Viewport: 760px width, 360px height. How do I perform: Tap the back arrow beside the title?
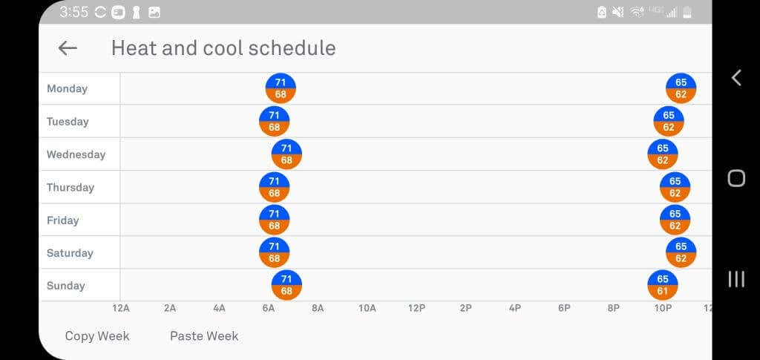(x=68, y=48)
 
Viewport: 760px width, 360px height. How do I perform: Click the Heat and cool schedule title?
(x=223, y=48)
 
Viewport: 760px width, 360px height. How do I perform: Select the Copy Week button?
(x=97, y=336)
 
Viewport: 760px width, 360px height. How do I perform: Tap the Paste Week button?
(x=204, y=336)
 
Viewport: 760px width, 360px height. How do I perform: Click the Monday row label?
(x=67, y=88)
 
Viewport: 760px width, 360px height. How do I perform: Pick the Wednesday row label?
(x=76, y=154)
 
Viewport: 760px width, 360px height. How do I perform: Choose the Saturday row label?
(x=70, y=253)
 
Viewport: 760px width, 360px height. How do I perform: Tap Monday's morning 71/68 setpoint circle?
(x=281, y=88)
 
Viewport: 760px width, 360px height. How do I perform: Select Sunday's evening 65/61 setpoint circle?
(x=663, y=285)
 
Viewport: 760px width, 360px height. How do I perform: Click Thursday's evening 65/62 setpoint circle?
(x=675, y=187)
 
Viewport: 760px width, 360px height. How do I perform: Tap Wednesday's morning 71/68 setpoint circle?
(x=286, y=154)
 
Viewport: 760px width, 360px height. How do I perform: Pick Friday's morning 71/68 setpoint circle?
(x=274, y=220)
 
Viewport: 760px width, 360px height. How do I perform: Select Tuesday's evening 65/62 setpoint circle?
(x=669, y=121)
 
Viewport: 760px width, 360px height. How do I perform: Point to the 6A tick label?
(x=268, y=308)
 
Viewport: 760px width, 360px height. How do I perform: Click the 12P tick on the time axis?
(x=416, y=308)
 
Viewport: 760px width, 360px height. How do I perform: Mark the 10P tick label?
(x=663, y=308)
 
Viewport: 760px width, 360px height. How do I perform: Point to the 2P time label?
(x=465, y=308)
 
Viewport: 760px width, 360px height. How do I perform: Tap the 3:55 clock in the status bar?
(x=73, y=12)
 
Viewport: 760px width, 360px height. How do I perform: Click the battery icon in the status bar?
(x=687, y=12)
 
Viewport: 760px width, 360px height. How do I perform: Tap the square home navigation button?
(x=736, y=178)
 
